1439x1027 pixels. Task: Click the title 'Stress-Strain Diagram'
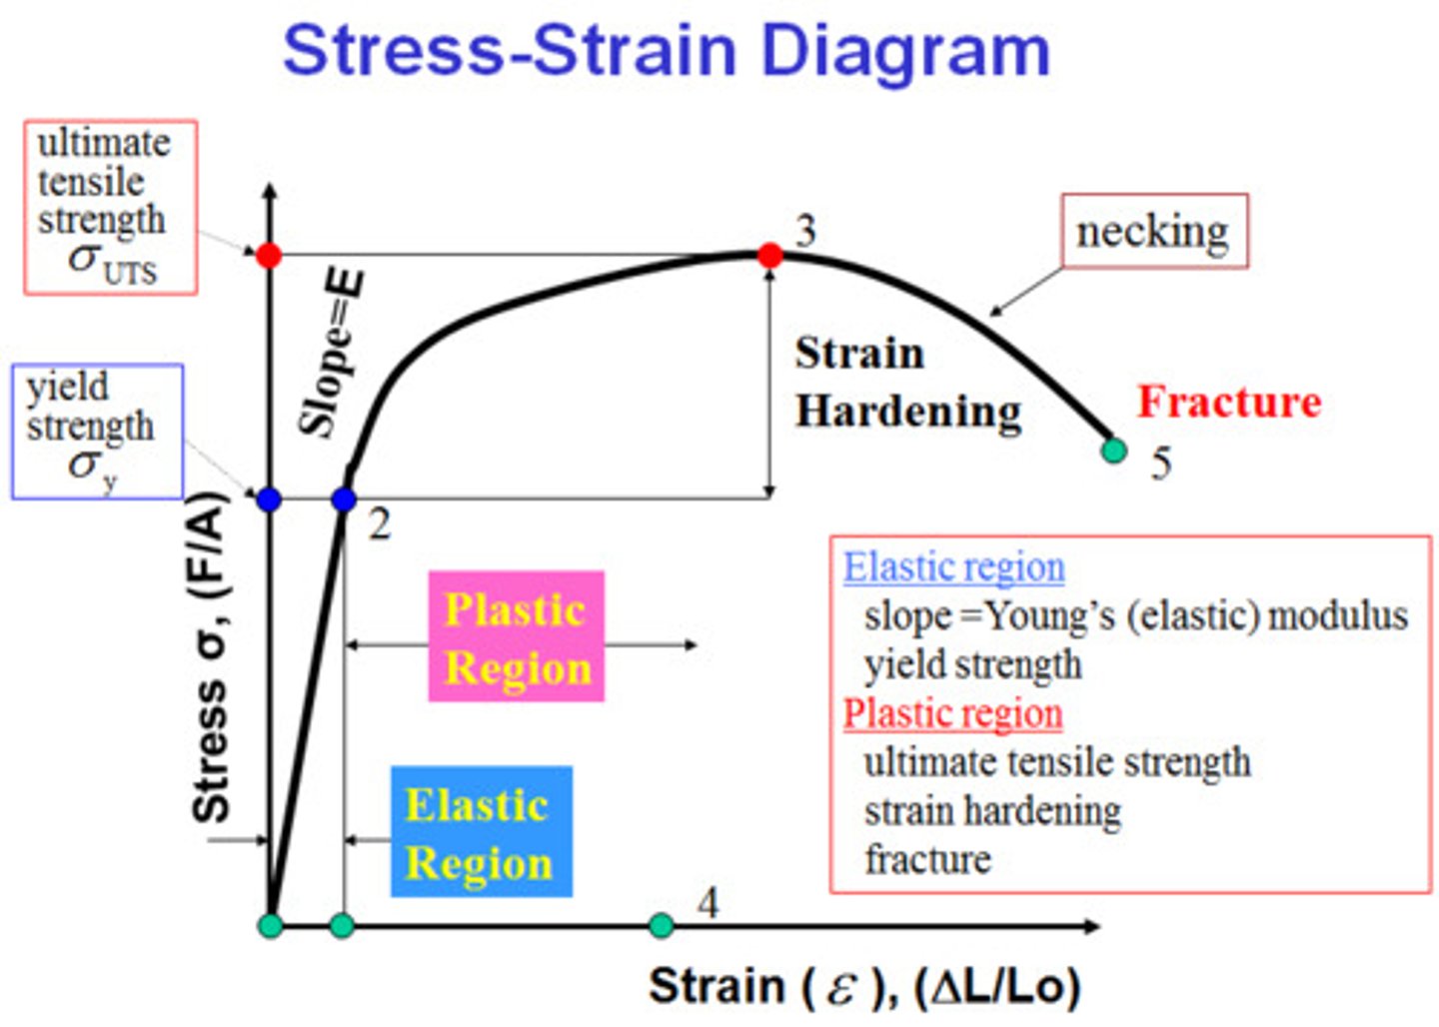(667, 50)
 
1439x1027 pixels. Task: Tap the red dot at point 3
(769, 256)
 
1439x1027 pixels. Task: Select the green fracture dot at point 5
(1113, 451)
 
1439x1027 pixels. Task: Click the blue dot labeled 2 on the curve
(344, 500)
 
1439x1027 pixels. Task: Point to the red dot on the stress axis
(269, 256)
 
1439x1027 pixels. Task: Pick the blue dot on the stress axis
(269, 500)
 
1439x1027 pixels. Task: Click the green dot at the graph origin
(271, 925)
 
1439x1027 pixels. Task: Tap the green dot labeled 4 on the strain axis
(661, 925)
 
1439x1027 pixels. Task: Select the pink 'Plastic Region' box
(516, 636)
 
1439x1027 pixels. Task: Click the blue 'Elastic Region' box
(481, 831)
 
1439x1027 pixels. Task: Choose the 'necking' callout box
(1153, 232)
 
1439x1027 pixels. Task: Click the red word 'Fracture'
(1229, 402)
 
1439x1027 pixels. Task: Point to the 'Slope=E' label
(333, 355)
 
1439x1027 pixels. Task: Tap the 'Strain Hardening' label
(906, 383)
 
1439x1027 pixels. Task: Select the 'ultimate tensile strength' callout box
(110, 208)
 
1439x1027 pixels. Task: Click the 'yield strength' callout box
(97, 432)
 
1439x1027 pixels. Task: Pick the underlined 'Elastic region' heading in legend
(953, 567)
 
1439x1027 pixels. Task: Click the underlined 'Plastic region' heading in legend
(952, 713)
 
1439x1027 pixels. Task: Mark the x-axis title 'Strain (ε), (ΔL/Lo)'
(864, 986)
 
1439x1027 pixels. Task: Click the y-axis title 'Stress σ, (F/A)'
(210, 659)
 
